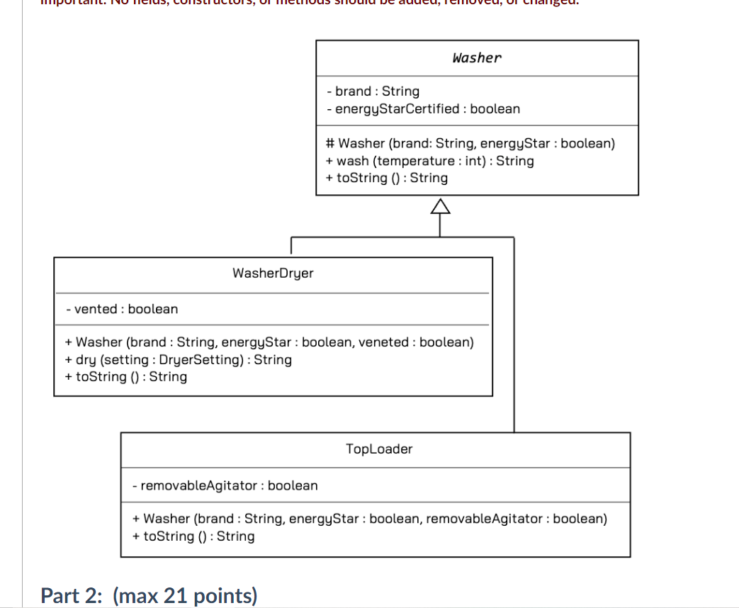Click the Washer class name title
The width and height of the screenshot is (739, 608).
click(x=476, y=58)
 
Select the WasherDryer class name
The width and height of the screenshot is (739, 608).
click(x=273, y=273)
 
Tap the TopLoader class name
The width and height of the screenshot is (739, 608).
click(x=379, y=449)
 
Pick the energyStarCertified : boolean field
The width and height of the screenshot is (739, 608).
click(x=423, y=109)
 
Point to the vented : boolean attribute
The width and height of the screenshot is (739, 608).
click(x=121, y=309)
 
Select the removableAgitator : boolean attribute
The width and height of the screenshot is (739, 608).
click(x=225, y=485)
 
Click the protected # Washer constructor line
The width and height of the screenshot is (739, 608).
click(x=470, y=143)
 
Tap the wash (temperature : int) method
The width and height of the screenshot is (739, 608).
click(x=429, y=161)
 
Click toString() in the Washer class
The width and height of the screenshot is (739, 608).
click(x=386, y=178)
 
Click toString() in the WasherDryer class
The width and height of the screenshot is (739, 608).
click(x=125, y=376)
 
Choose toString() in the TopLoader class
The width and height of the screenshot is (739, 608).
click(x=193, y=536)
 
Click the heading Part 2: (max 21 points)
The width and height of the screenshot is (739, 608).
click(x=149, y=596)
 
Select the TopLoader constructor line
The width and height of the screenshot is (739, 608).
click(x=369, y=519)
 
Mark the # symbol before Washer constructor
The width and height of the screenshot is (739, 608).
click(x=330, y=143)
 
